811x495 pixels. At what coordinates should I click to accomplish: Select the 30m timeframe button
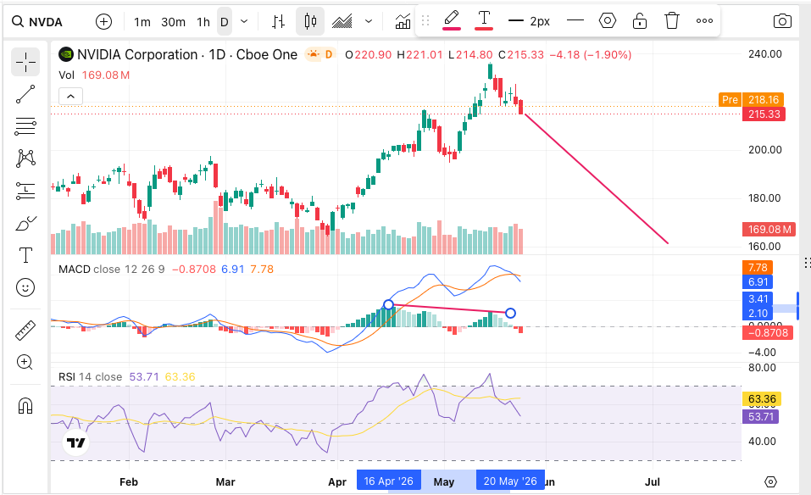pyautogui.click(x=173, y=22)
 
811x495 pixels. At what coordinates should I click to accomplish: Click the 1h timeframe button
pyautogui.click(x=203, y=22)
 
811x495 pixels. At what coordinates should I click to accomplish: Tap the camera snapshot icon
pyautogui.click(x=782, y=21)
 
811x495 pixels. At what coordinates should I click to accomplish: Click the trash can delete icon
pyautogui.click(x=671, y=20)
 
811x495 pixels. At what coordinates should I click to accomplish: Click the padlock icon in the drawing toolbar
pyautogui.click(x=639, y=20)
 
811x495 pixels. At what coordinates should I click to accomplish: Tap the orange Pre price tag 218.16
pyautogui.click(x=751, y=99)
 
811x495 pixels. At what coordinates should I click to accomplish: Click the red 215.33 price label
pyautogui.click(x=764, y=114)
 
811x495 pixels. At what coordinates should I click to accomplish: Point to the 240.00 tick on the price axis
pyautogui.click(x=764, y=53)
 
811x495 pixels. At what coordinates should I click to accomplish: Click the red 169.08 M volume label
pyautogui.click(x=769, y=229)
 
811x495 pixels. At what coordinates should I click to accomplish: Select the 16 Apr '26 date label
pyautogui.click(x=388, y=481)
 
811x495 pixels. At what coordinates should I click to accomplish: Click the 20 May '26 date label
pyautogui.click(x=510, y=481)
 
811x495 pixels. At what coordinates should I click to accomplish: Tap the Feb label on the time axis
pyautogui.click(x=128, y=481)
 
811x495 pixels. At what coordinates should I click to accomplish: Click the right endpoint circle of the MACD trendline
pyautogui.click(x=510, y=313)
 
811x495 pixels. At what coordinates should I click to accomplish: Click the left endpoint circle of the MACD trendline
pyautogui.click(x=388, y=304)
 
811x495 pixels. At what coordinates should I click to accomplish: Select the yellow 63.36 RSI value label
pyautogui.click(x=761, y=398)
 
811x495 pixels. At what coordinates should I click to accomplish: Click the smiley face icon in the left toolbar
pyautogui.click(x=25, y=287)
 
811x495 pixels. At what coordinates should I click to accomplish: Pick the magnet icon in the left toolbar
pyautogui.click(x=25, y=406)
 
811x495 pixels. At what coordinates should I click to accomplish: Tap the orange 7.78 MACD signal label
pyautogui.click(x=758, y=267)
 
